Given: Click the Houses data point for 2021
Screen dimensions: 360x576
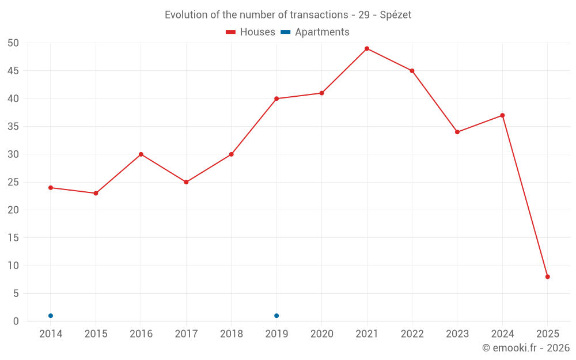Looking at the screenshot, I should click(x=367, y=48).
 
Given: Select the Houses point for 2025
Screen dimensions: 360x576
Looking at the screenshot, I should click(x=548, y=276).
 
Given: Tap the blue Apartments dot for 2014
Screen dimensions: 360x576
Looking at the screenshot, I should click(x=51, y=316).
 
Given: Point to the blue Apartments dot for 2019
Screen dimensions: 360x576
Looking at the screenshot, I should click(x=276, y=316).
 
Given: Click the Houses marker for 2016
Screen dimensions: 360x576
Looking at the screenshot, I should click(x=141, y=154).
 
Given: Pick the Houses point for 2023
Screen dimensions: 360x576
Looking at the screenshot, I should click(x=457, y=132).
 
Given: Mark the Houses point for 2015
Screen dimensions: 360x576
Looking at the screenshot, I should click(x=96, y=193).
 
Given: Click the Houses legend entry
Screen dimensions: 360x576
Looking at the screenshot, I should click(x=251, y=32).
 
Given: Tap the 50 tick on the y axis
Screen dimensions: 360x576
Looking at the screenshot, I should click(x=13, y=43).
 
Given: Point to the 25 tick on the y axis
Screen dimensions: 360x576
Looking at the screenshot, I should click(x=13, y=182).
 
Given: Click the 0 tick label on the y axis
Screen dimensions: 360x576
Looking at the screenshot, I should click(x=16, y=321).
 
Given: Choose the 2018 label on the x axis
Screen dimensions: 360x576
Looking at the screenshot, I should click(x=231, y=334).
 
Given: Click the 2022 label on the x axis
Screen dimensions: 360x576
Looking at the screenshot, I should click(x=412, y=334).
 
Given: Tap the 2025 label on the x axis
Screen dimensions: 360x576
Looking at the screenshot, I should click(x=548, y=334).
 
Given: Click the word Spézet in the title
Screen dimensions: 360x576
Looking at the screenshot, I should click(x=395, y=15).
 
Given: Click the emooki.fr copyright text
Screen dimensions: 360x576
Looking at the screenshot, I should click(x=525, y=348).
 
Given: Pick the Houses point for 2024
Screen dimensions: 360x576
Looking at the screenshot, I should click(x=502, y=115).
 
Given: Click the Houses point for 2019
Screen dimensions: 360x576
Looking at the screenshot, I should click(x=276, y=98).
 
